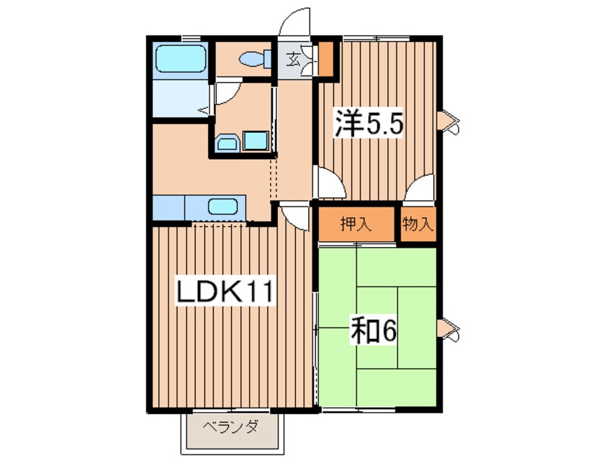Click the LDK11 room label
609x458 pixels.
tap(225, 292)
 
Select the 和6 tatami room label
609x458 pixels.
tap(373, 331)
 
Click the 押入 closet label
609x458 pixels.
tap(356, 224)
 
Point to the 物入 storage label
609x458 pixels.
tap(418, 224)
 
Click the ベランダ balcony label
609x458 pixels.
tap(230, 428)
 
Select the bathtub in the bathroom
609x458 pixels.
tap(181, 58)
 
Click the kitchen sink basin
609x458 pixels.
tap(222, 206)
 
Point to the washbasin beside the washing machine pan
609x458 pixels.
tap(227, 143)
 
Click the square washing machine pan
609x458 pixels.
tap(256, 140)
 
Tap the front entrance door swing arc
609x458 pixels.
tap(295, 22)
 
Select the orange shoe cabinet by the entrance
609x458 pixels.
tap(325, 58)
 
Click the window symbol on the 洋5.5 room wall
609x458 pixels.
tap(449, 122)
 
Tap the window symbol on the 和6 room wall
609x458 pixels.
tap(449, 328)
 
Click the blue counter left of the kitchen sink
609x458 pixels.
tap(168, 208)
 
